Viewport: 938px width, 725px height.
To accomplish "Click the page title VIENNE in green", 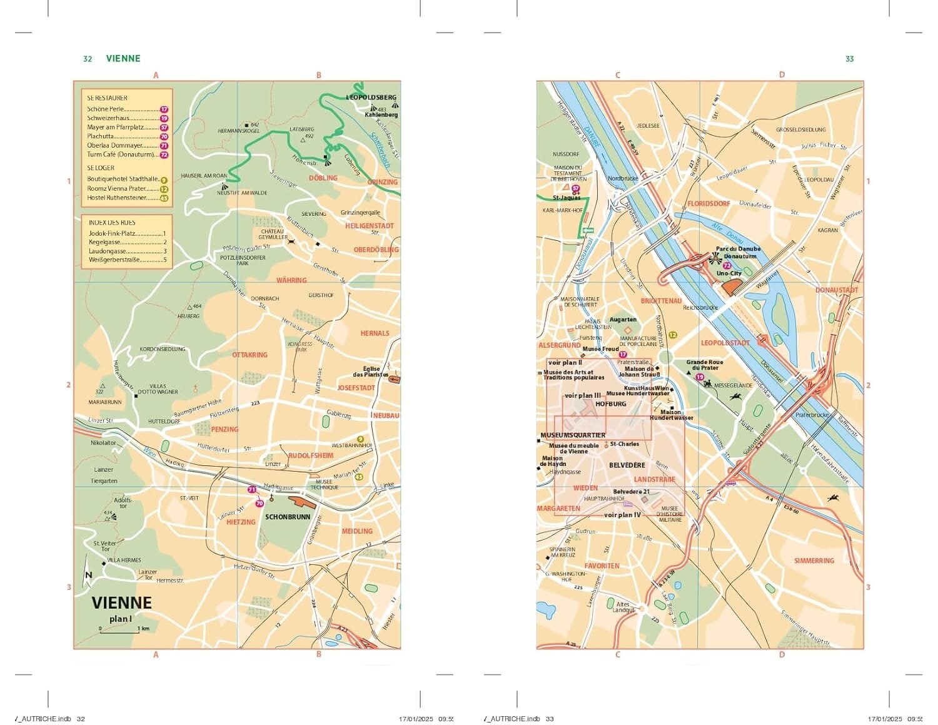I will (x=123, y=58).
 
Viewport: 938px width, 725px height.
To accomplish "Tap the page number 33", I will (x=849, y=59).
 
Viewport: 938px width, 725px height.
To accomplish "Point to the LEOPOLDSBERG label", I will (x=371, y=98).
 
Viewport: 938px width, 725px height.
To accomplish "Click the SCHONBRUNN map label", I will (x=288, y=517).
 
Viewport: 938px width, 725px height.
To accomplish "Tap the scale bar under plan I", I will (x=119, y=632).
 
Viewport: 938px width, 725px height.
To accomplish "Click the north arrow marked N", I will (x=88, y=572).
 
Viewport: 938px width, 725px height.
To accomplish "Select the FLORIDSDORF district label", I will (x=709, y=204).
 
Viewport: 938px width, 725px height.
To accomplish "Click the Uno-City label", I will (x=729, y=273).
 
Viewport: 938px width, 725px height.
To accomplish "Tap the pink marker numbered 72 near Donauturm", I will (x=727, y=266).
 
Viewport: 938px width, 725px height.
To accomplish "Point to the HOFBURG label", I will (x=610, y=404).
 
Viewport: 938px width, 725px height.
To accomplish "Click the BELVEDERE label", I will (x=627, y=465).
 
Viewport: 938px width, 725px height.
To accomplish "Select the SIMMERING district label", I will (x=814, y=560).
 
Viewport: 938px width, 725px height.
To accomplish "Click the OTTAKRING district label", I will (x=250, y=355).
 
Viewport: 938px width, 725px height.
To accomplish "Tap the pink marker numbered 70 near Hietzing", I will (x=259, y=503).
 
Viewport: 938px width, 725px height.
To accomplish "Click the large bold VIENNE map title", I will (x=121, y=603).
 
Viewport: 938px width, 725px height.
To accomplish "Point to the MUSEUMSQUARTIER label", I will (x=573, y=435).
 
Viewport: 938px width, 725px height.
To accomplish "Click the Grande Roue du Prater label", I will (x=704, y=365).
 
